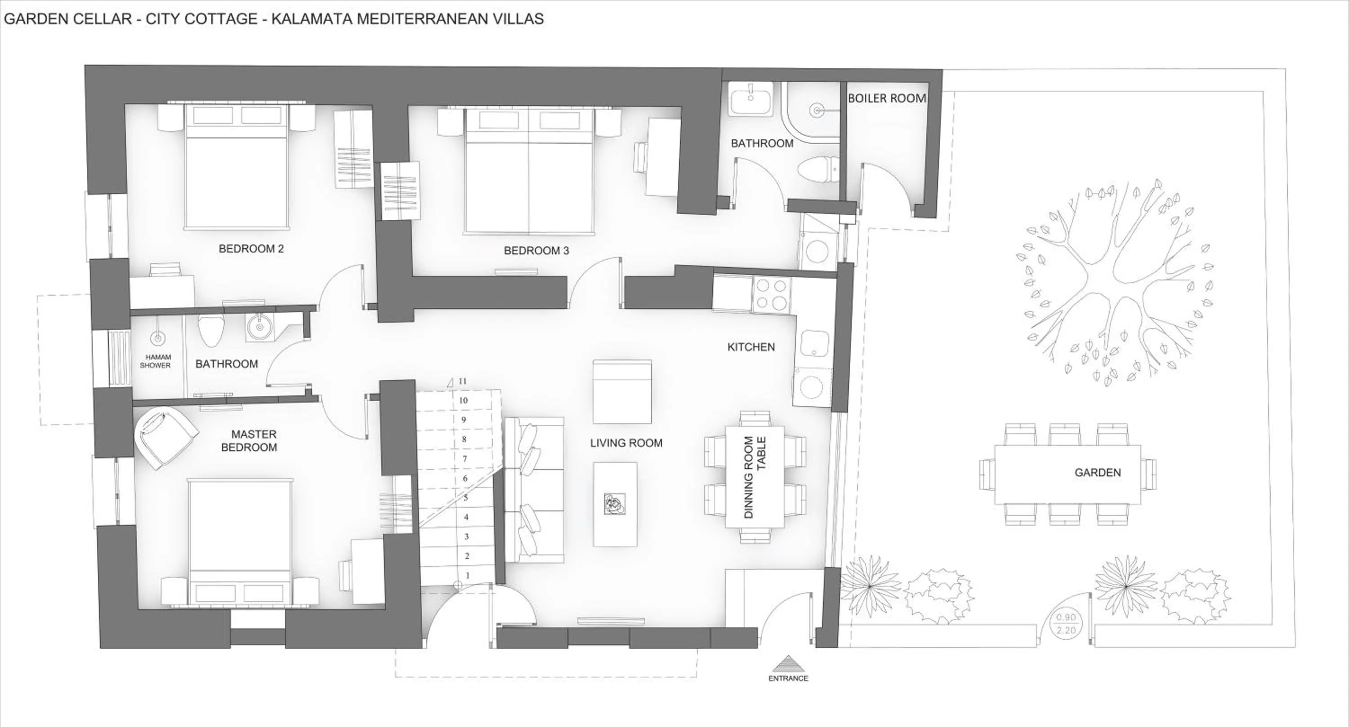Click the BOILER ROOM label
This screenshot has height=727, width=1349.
(x=887, y=98)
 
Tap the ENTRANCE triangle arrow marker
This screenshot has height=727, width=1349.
(x=788, y=664)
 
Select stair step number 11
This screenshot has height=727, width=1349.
(x=462, y=381)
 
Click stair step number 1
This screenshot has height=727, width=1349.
(x=467, y=575)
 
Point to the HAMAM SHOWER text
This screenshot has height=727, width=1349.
(x=156, y=361)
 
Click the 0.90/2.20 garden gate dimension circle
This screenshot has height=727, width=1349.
(x=1066, y=625)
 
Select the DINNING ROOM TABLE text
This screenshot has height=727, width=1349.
(x=755, y=477)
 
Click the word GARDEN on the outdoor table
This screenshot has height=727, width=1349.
(x=1097, y=473)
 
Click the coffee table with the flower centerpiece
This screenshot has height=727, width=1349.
(x=615, y=504)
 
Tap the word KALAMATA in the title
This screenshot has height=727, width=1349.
(x=312, y=19)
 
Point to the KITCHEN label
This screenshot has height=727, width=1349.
(x=750, y=347)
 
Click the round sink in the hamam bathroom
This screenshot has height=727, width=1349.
(x=259, y=328)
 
